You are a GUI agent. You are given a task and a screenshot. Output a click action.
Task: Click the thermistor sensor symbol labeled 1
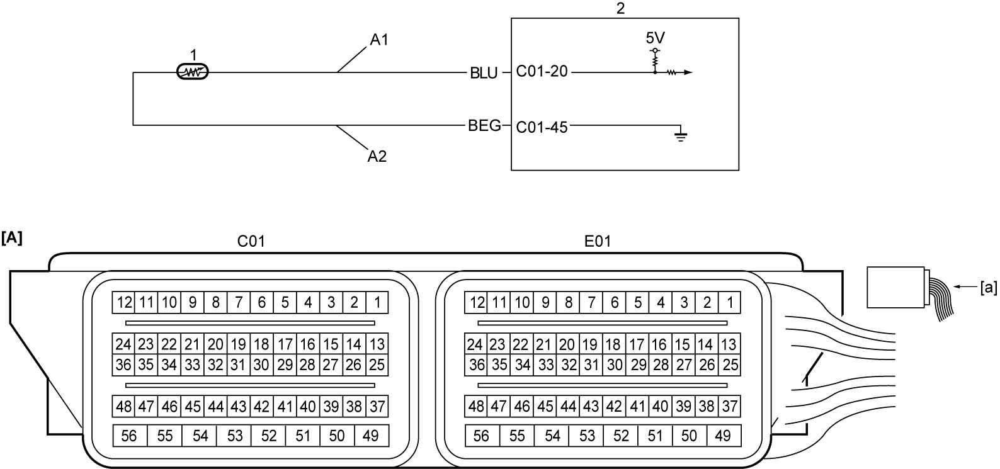click(193, 72)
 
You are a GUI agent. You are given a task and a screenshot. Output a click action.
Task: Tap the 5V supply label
click(656, 38)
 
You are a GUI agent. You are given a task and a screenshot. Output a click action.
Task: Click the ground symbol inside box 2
click(681, 134)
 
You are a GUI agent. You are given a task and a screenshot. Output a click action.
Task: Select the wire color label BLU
click(484, 73)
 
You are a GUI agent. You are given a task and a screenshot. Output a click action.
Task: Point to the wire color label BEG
click(484, 125)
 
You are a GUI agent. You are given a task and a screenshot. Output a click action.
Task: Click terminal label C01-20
click(542, 71)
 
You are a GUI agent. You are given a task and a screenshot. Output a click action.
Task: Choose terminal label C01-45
click(542, 127)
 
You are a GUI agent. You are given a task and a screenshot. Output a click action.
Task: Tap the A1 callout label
click(379, 40)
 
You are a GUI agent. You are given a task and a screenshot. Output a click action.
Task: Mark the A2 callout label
click(377, 156)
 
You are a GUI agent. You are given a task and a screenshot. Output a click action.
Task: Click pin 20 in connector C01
click(215, 344)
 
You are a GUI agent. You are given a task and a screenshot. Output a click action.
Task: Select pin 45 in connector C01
click(193, 407)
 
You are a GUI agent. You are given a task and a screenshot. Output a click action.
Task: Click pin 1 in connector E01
click(730, 303)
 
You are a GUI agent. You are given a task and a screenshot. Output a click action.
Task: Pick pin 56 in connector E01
click(482, 436)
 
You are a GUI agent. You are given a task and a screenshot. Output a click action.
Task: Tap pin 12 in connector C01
click(123, 303)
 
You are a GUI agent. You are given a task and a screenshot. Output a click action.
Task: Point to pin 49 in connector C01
click(371, 436)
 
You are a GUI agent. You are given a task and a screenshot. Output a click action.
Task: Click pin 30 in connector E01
click(614, 365)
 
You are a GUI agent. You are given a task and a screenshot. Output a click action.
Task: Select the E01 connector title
click(598, 241)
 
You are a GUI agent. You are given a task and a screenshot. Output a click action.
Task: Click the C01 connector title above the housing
click(251, 241)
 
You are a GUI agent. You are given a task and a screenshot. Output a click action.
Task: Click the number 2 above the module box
click(620, 8)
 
